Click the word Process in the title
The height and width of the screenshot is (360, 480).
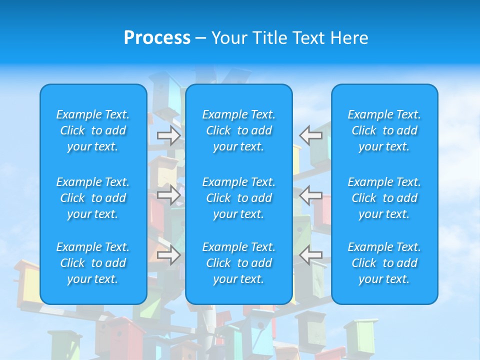pos(157,38)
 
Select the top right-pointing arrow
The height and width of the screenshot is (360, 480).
pos(169,135)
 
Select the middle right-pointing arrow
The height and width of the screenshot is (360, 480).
pos(169,194)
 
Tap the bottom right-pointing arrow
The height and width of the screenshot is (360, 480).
pos(169,255)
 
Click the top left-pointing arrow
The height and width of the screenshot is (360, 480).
pos(311,135)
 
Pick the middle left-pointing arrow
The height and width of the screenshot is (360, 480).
pos(311,194)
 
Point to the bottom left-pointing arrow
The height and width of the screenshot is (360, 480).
pos(311,255)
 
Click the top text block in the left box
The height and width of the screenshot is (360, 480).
pos(93,130)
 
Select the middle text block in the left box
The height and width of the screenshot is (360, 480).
pos(93,198)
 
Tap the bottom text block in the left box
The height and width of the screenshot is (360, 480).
pos(93,263)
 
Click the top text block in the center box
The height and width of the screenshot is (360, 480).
pos(238,130)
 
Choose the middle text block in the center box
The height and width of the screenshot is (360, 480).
pos(238,198)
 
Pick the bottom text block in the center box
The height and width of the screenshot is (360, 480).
pos(238,263)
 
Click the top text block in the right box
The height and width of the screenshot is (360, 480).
pos(384,130)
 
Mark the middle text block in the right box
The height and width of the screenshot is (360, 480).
pos(384,198)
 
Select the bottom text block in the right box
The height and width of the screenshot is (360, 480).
pos(384,263)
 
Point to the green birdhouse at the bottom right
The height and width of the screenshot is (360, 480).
pos(360,337)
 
